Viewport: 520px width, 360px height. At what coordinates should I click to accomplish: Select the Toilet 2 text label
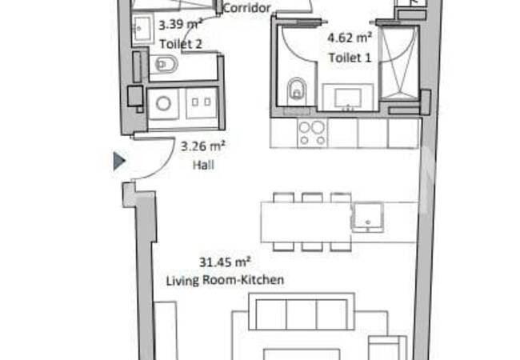[x=179, y=45]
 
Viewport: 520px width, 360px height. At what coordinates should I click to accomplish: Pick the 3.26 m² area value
[x=203, y=146]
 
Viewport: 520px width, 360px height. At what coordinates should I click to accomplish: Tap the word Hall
[x=203, y=166]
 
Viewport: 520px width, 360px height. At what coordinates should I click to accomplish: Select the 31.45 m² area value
[x=226, y=261]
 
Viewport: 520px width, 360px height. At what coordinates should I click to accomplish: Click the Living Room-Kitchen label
[x=226, y=280]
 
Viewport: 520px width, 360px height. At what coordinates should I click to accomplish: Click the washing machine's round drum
[x=164, y=103]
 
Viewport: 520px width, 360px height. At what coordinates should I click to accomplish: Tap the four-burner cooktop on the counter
[x=311, y=132]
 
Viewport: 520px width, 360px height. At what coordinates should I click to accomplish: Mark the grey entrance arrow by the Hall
[x=119, y=162]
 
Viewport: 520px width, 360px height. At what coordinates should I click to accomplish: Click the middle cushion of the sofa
[x=301, y=313]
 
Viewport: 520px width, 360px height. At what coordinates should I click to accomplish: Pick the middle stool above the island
[x=312, y=197]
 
